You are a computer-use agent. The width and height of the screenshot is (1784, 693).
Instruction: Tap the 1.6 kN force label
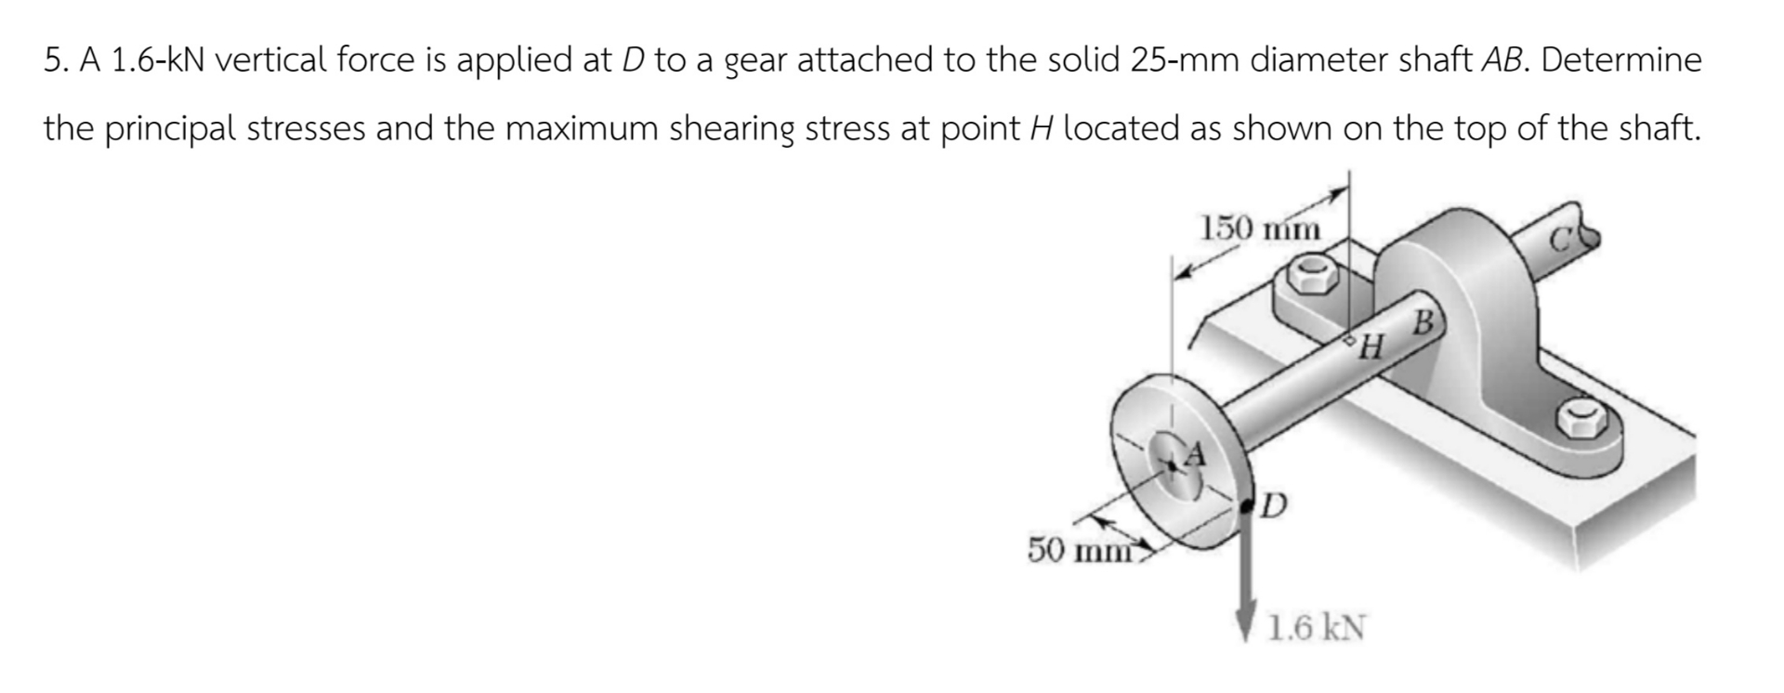[1318, 629]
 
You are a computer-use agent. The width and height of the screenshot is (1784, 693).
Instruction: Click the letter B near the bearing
[1423, 324]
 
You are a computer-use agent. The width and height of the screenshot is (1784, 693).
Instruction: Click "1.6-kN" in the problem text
[160, 60]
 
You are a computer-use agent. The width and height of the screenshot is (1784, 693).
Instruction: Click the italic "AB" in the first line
[1503, 60]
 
